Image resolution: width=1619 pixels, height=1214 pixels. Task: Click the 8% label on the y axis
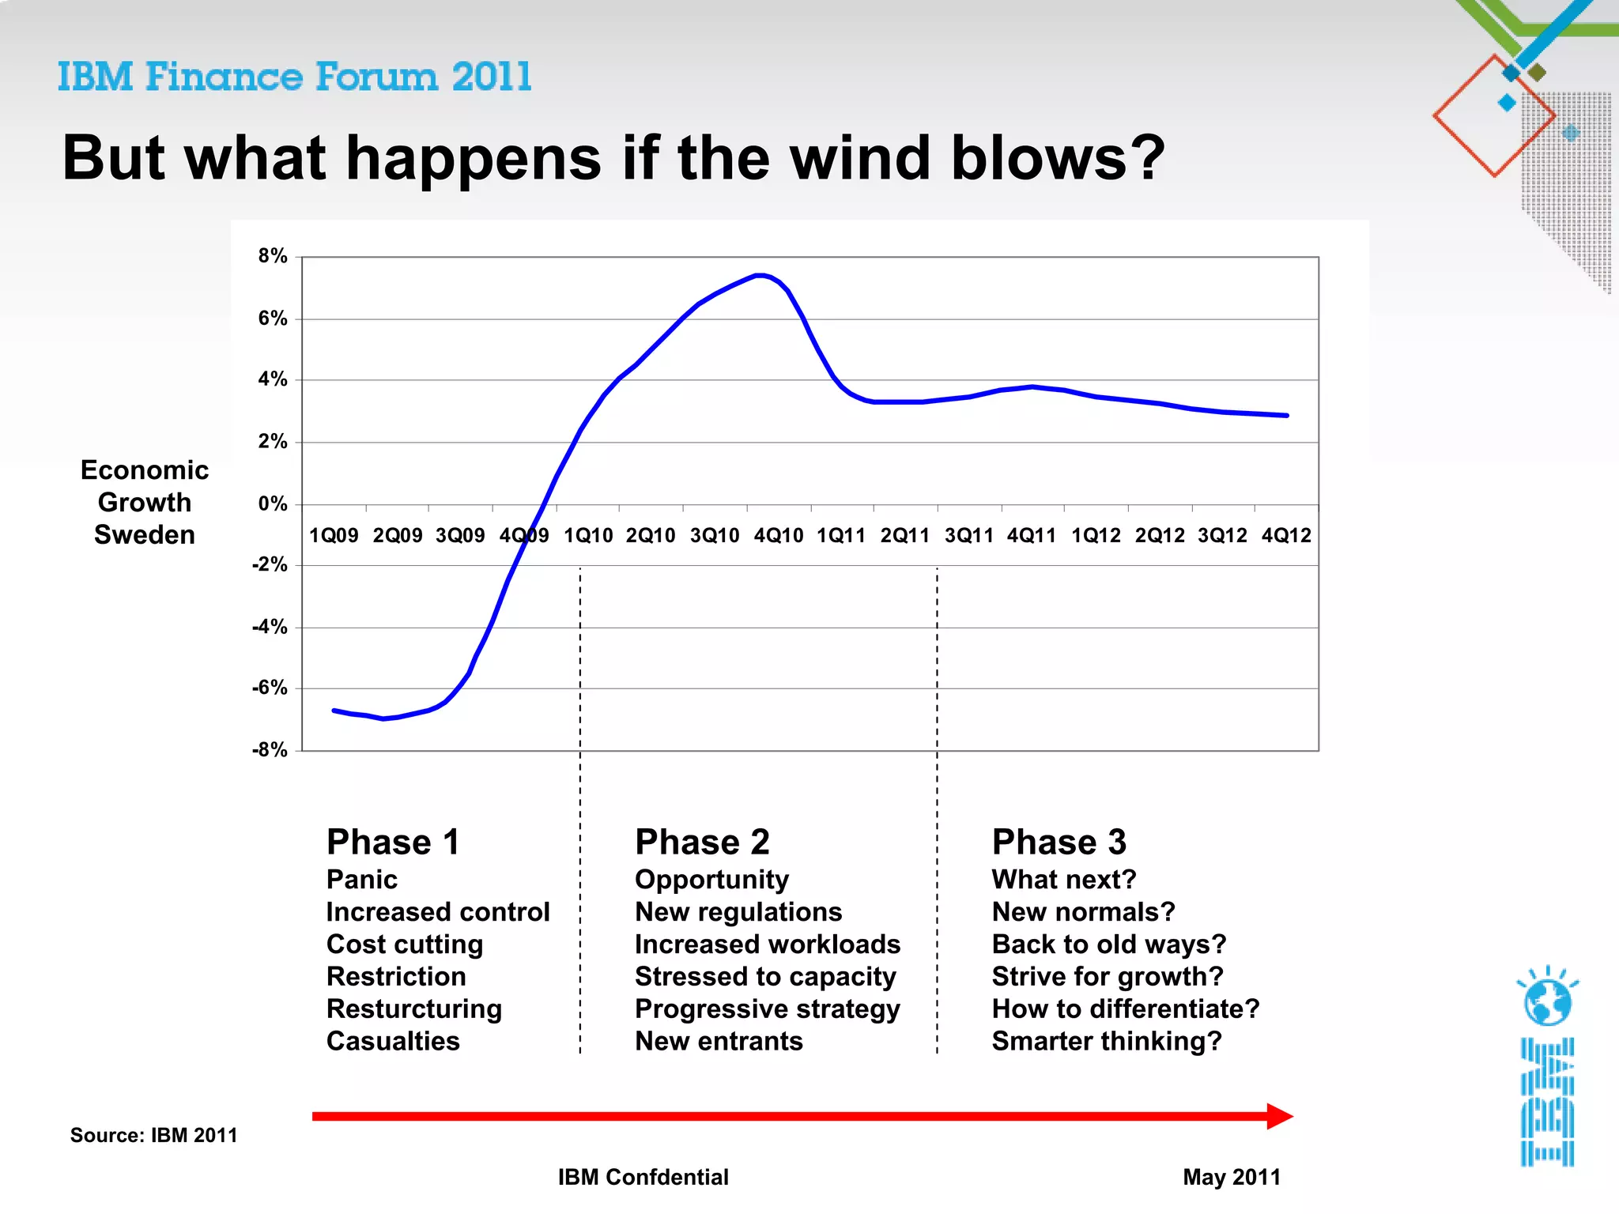coord(272,256)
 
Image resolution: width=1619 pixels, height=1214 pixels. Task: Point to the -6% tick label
coord(270,688)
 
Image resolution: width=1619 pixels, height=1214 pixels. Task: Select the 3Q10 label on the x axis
coord(715,536)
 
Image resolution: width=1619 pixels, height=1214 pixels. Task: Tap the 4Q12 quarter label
coord(1286,536)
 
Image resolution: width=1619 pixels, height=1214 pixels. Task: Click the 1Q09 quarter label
coord(334,536)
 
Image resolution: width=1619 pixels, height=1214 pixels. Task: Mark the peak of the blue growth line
coord(760,275)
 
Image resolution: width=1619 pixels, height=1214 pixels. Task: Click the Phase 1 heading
coord(393,843)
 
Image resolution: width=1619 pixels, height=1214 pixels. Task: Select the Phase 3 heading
coord(1059,843)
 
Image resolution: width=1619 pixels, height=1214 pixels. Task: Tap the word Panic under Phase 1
coord(362,880)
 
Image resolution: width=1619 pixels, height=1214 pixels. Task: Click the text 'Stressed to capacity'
coord(765,977)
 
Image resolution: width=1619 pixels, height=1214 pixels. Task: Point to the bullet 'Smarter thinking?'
coord(1107,1042)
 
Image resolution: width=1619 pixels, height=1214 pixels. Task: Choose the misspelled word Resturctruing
coord(414,1009)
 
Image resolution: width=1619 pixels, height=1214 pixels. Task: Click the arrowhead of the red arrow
coord(1279,1116)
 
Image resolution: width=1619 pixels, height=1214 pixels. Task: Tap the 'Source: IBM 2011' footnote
coord(154,1136)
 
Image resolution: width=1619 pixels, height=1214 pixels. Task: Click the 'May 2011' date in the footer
coord(1232,1178)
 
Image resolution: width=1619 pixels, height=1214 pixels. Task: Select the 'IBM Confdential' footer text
coord(643,1178)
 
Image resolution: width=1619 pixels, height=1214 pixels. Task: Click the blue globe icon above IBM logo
coord(1547,1001)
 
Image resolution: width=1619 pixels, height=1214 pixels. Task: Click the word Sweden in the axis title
coord(145,535)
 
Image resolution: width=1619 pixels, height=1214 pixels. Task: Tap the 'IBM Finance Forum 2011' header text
coord(294,77)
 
